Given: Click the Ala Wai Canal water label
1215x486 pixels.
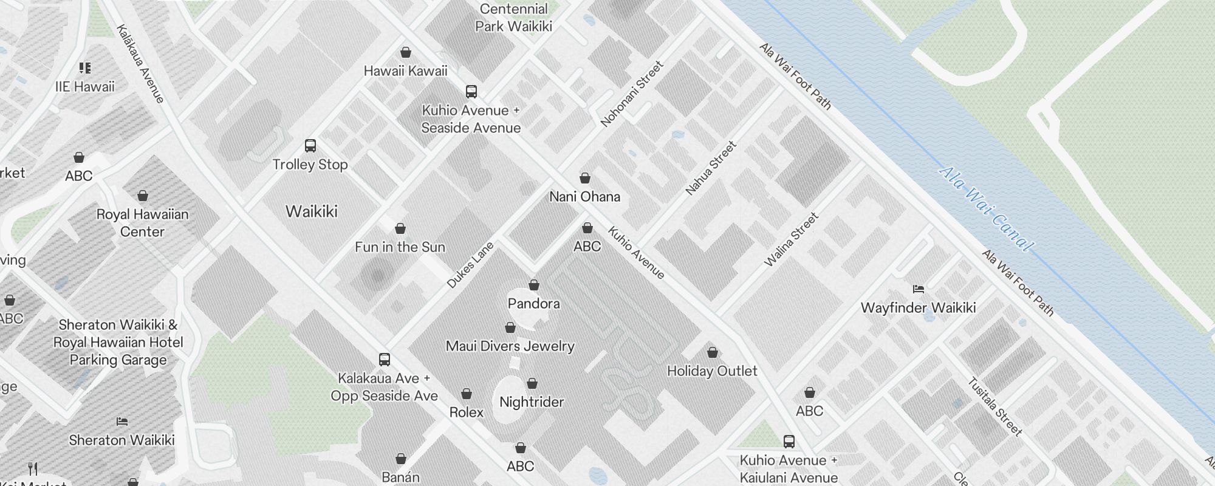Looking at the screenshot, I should pyautogui.click(x=985, y=208).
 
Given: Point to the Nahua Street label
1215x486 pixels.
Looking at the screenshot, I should pyautogui.click(x=711, y=168).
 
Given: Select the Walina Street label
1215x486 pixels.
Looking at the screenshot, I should pyautogui.click(x=791, y=239).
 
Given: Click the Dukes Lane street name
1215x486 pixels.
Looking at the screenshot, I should pyautogui.click(x=470, y=264).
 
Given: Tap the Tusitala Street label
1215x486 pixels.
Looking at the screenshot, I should pyautogui.click(x=994, y=406).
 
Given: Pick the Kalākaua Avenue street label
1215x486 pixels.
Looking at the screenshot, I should pyautogui.click(x=140, y=63).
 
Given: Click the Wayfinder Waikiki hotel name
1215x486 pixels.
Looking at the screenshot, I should pyautogui.click(x=918, y=307).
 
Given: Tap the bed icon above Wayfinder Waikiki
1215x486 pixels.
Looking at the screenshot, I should pyautogui.click(x=919, y=289).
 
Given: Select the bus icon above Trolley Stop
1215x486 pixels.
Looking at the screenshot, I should pyautogui.click(x=310, y=146).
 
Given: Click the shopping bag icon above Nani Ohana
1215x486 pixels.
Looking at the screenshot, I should pyautogui.click(x=584, y=178).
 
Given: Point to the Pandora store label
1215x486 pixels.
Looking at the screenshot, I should pyautogui.click(x=533, y=303).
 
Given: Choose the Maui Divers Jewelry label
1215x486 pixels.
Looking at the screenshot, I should pyautogui.click(x=510, y=346).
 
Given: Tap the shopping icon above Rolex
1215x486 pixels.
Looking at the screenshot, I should pyautogui.click(x=467, y=394).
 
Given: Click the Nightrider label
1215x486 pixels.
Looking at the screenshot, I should pyautogui.click(x=532, y=402).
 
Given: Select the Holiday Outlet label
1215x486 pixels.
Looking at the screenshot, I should pyautogui.click(x=712, y=371).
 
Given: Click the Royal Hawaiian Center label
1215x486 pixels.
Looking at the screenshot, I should pyautogui.click(x=142, y=223).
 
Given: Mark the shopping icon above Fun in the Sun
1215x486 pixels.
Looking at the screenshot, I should pyautogui.click(x=400, y=228).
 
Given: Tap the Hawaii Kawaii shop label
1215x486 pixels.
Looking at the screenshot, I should pyautogui.click(x=405, y=71).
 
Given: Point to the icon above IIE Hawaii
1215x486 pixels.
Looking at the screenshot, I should pyautogui.click(x=85, y=67).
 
